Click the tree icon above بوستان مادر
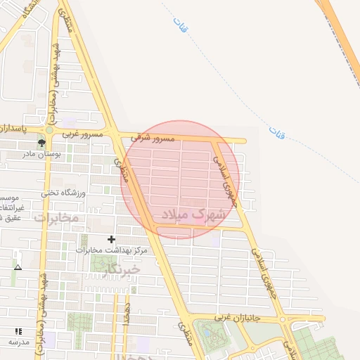tap(41, 143)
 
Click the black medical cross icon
tap(111, 240)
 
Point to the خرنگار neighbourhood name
tap(120, 269)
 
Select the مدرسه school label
tap(18, 341)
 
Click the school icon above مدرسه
tap(18, 330)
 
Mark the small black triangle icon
tap(18, 268)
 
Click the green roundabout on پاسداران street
tap(50, 130)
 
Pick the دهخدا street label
tap(125, 314)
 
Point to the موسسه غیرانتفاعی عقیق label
tap(12, 208)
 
